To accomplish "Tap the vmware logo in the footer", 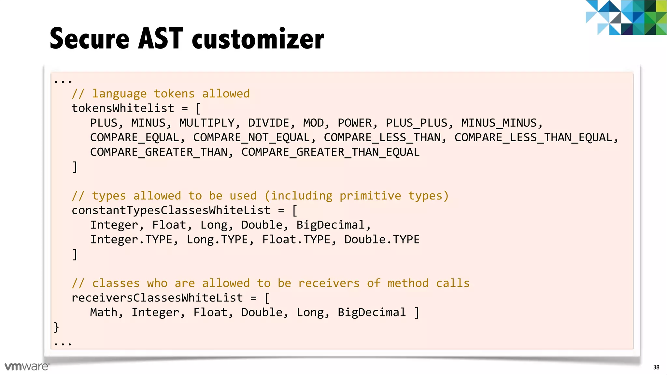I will (x=27, y=367).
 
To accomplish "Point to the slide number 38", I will (x=656, y=367).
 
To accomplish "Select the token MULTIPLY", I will (x=207, y=123).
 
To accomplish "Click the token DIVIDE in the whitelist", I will (x=268, y=123).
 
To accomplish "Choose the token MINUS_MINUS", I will (x=499, y=123).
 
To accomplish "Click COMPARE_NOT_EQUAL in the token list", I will (x=251, y=138).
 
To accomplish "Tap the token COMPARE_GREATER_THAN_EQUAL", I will (x=330, y=152).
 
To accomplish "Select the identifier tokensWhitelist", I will (x=123, y=108).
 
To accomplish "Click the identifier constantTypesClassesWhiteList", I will (x=171, y=211).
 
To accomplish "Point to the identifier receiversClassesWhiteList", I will (x=157, y=298).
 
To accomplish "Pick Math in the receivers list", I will (x=104, y=312).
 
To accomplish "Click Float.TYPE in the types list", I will (x=296, y=240).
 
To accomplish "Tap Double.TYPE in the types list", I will (x=382, y=240).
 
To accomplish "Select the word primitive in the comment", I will (x=370, y=196).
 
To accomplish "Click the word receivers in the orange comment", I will (x=329, y=283).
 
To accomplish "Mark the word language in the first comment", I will (x=119, y=94).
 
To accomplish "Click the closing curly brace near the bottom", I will (x=56, y=327).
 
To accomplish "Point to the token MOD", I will (x=313, y=123).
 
